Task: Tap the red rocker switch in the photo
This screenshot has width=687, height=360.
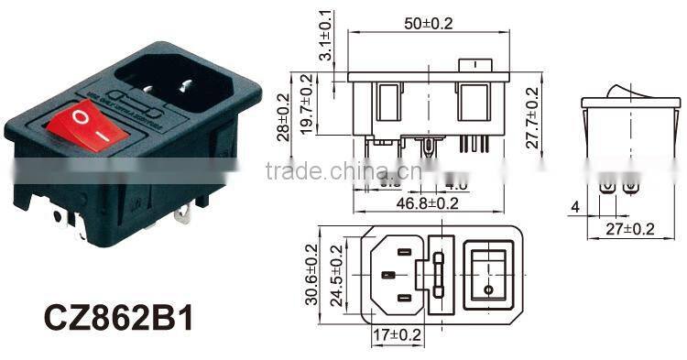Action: point(91,127)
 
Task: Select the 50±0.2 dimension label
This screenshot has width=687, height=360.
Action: point(428,25)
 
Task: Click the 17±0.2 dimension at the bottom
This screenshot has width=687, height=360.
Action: point(396,335)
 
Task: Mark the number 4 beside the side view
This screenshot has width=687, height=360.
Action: point(574,207)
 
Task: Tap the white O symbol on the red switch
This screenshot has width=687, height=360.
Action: point(80,118)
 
